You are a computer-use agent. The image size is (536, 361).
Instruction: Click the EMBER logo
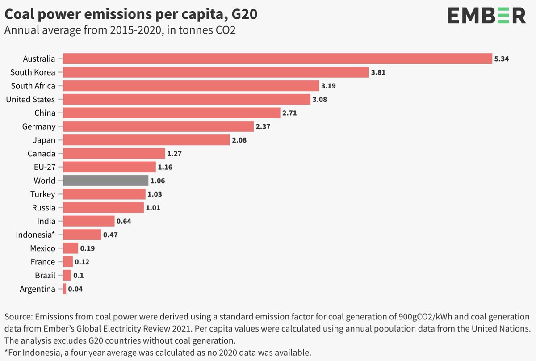[x=486, y=16]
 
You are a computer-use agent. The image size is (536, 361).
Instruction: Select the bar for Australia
[x=277, y=59]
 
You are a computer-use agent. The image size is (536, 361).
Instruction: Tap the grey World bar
[x=105, y=180]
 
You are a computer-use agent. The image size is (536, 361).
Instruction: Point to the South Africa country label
[x=33, y=86]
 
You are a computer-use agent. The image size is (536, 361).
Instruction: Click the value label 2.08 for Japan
[x=239, y=140]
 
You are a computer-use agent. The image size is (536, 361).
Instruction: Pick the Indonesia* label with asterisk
[x=35, y=235]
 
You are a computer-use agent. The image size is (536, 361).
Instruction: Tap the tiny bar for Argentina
[x=65, y=289]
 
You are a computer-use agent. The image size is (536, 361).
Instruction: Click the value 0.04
[x=75, y=289]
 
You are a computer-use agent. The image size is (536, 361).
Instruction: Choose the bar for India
[x=89, y=221]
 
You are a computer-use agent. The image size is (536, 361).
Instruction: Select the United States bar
[x=187, y=99]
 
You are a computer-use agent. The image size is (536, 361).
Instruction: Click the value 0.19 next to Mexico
[x=88, y=248]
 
